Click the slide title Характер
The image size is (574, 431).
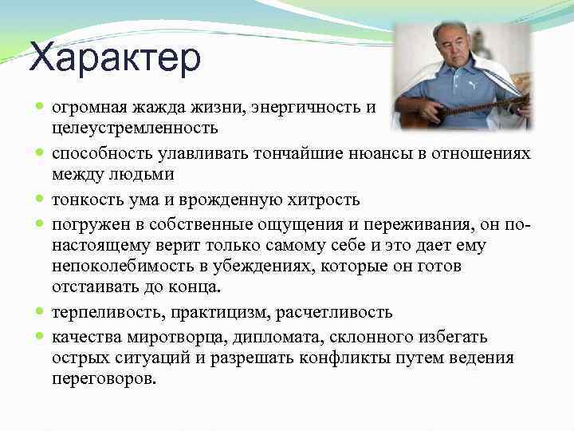115,61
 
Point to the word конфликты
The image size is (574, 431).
345,357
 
